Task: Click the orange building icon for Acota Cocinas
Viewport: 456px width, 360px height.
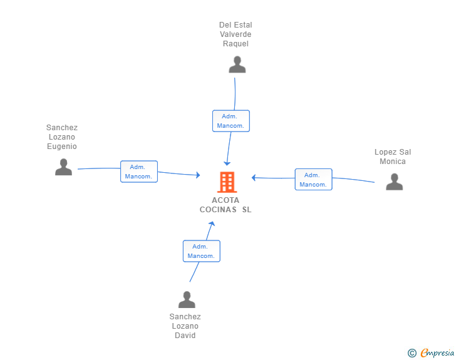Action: coord(227,182)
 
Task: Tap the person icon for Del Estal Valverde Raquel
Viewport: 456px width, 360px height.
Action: coord(237,64)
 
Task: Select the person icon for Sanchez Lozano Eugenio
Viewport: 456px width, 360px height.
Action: coord(63,167)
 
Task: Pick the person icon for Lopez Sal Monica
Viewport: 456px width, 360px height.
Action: coord(395,182)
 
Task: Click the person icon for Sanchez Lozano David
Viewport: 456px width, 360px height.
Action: coord(187,299)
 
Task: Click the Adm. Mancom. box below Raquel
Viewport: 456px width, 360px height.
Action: coord(231,121)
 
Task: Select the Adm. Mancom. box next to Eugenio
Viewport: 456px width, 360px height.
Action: coord(139,172)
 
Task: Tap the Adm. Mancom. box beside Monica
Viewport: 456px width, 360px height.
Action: coord(313,180)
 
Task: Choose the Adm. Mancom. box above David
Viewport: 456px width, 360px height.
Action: coord(202,251)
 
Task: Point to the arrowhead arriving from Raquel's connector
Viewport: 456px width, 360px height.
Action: coord(227,163)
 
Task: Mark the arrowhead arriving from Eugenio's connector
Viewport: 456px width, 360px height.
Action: coord(198,175)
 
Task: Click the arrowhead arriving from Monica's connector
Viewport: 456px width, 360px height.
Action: coord(254,178)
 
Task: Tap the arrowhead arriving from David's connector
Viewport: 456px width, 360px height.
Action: coord(212,224)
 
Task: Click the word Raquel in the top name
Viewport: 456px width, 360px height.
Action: coord(236,44)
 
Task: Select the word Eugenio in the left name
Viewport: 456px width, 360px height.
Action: coord(62,147)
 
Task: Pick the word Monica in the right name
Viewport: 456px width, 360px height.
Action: coord(393,162)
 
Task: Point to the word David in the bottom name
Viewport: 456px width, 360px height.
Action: coord(185,336)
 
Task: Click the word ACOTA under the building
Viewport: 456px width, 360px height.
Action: coord(225,200)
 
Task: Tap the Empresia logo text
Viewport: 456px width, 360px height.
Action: coord(437,353)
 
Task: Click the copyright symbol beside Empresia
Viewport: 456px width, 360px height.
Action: coord(412,353)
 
